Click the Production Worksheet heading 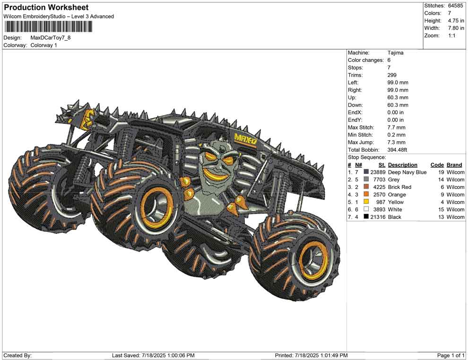point(46,8)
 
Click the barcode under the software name point(48,27)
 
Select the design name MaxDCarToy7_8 point(51,38)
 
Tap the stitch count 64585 point(455,6)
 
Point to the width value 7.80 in point(456,28)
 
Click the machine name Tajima point(396,53)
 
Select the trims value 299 point(392,75)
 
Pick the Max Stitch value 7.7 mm point(396,128)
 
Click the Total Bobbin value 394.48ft point(397,150)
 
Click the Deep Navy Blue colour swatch point(366,172)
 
